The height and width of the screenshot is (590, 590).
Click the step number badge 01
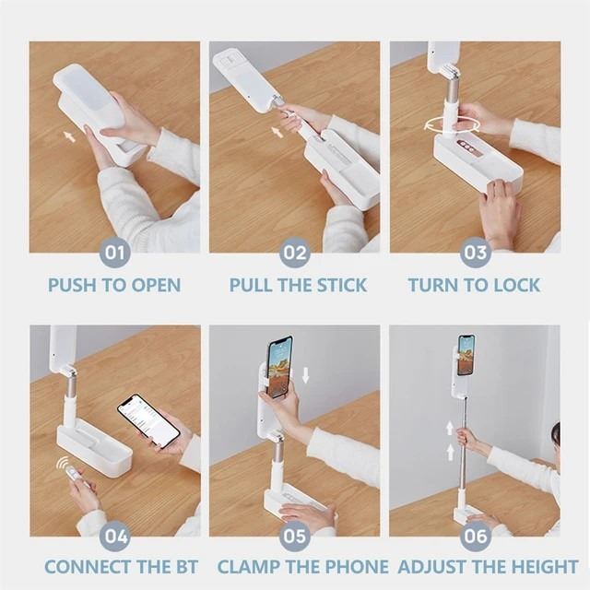[114, 253]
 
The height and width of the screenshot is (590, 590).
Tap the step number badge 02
[295, 253]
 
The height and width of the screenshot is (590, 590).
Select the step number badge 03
[476, 253]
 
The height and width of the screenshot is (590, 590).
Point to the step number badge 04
[114, 537]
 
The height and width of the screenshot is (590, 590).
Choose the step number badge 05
[295, 537]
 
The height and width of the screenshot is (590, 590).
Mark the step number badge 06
[476, 537]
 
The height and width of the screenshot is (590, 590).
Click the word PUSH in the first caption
[73, 285]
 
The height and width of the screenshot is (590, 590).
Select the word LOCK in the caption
[517, 285]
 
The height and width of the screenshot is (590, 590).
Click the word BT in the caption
[185, 567]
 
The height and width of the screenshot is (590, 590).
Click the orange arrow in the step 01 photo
[69, 136]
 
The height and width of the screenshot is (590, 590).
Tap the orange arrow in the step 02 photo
[277, 132]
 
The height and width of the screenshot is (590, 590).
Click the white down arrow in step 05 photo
[305, 375]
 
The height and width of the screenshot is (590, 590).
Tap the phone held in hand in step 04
[148, 421]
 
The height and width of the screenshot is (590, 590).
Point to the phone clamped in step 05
[280, 366]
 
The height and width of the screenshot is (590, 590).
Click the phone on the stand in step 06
[466, 354]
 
